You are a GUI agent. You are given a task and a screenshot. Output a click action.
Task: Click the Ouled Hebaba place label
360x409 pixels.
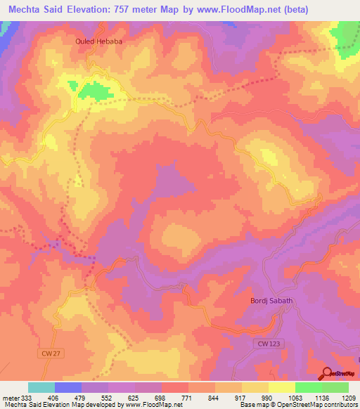[100, 41]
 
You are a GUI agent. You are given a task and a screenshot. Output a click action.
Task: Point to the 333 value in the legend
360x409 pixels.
[28, 397]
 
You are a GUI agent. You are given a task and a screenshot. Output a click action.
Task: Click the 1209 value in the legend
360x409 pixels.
[349, 397]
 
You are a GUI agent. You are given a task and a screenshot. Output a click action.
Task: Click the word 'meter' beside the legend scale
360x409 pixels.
[10, 397]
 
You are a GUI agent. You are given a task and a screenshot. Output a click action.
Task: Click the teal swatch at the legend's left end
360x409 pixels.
[41, 387]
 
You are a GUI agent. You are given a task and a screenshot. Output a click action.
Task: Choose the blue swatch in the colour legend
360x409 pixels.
[68, 387]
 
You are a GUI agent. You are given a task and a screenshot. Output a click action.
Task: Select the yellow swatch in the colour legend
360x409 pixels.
[282, 387]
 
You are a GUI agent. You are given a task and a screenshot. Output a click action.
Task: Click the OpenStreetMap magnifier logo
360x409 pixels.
[326, 374]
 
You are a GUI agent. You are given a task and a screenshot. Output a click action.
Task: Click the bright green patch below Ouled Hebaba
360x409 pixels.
[94, 89]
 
